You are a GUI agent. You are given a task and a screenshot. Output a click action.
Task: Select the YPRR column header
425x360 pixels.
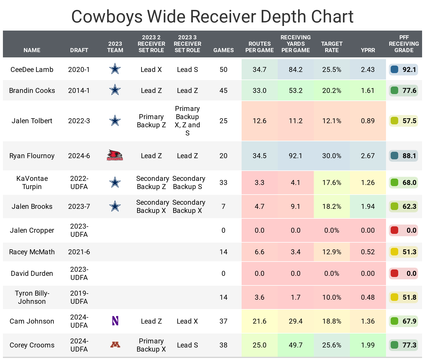[x=368, y=50]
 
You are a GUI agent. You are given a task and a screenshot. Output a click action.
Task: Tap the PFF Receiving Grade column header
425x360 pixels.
[x=404, y=44]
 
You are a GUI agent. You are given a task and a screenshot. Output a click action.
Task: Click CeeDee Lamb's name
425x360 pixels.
[x=32, y=70]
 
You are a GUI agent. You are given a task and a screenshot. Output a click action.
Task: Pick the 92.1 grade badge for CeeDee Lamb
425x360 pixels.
[x=403, y=70]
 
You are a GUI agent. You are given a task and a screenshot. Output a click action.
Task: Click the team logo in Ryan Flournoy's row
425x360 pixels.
[x=115, y=156]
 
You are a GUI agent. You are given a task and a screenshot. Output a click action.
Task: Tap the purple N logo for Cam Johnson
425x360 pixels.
[x=115, y=321]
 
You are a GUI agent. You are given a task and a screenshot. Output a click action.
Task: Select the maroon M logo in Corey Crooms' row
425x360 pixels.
[x=115, y=345]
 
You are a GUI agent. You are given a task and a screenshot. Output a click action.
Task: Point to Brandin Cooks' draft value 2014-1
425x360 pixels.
[x=79, y=91]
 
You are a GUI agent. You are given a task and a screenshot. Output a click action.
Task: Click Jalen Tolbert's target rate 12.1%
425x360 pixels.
[x=332, y=121]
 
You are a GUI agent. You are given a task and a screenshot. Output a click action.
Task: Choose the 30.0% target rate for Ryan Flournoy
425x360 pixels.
[x=332, y=156]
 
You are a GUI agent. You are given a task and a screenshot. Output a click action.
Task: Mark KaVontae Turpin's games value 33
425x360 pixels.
[x=223, y=183]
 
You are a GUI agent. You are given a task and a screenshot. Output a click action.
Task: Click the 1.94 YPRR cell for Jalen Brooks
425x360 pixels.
[x=368, y=207]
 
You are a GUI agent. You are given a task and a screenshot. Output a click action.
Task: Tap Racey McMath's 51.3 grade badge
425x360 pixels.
[x=403, y=252]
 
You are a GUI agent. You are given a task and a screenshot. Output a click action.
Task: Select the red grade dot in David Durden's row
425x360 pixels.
[x=394, y=273]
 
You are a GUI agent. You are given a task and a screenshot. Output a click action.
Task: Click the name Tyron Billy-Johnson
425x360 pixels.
[x=32, y=297]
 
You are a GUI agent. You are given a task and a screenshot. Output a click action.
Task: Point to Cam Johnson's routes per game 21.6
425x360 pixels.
[x=259, y=321]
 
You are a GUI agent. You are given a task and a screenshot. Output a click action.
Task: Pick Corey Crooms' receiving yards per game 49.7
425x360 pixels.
[x=295, y=345]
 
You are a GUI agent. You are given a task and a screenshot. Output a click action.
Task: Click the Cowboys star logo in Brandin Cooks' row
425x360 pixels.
[x=115, y=90]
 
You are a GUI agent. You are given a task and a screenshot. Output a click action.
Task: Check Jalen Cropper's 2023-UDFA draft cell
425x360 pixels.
[x=79, y=230]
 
